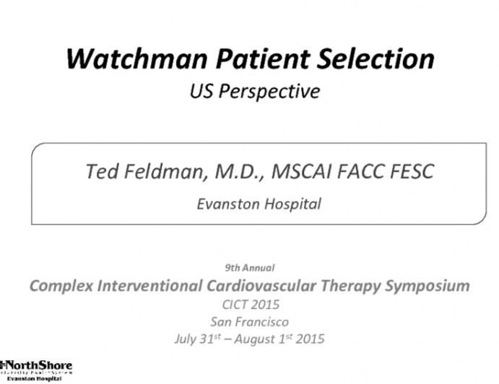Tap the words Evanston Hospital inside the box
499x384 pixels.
(259, 204)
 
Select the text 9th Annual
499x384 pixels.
(249, 268)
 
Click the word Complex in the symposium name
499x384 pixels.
(58, 285)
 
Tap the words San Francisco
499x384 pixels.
(250, 320)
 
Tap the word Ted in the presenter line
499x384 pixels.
(99, 172)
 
